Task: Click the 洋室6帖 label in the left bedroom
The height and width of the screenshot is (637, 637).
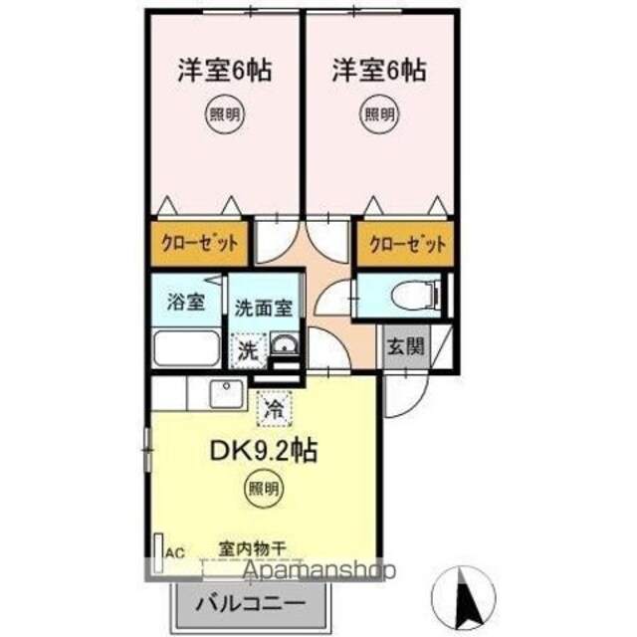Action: [x=225, y=71]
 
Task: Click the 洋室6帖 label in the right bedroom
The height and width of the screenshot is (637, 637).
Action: [x=378, y=71]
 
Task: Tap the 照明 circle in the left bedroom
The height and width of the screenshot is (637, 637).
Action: [x=225, y=114]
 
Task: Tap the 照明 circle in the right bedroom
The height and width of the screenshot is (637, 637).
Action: [x=379, y=114]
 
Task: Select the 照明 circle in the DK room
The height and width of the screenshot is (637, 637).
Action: [x=264, y=489]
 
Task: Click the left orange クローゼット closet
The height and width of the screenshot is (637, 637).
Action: [x=199, y=244]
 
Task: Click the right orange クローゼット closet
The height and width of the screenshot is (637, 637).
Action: [x=405, y=244]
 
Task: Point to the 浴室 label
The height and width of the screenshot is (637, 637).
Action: [x=186, y=302]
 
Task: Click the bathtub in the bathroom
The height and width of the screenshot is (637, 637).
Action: [x=187, y=348]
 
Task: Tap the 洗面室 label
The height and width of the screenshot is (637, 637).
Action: [x=264, y=309]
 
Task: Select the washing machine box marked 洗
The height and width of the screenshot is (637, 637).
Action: [x=248, y=350]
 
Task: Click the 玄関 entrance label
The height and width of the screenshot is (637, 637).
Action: [x=405, y=346]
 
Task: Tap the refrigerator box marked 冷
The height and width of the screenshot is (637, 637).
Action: [x=275, y=408]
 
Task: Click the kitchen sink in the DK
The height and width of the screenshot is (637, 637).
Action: [x=227, y=393]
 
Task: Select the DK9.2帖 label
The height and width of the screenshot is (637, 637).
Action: [x=263, y=450]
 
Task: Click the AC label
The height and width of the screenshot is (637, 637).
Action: [x=175, y=553]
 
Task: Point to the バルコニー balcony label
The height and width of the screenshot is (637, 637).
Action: [x=250, y=603]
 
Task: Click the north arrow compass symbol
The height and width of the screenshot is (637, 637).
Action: [x=464, y=597]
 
